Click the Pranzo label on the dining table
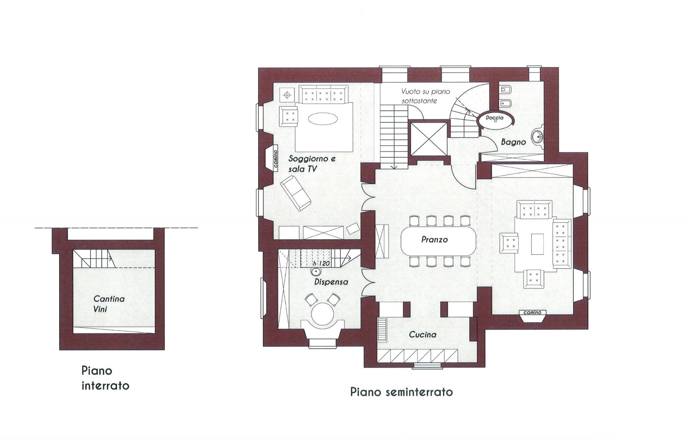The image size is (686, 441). (434, 240)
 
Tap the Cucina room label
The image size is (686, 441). (423, 335)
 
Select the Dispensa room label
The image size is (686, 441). (331, 282)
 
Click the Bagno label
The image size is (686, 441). (513, 142)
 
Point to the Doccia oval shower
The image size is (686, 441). (495, 120)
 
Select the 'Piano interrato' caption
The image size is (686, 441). (105, 378)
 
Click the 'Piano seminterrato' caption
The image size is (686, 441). (402, 392)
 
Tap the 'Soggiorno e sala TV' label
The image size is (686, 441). (312, 164)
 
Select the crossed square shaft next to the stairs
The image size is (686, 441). (429, 139)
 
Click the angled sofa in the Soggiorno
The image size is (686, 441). (295, 194)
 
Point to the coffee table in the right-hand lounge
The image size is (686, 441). (538, 244)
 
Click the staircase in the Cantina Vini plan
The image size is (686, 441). (95, 259)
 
